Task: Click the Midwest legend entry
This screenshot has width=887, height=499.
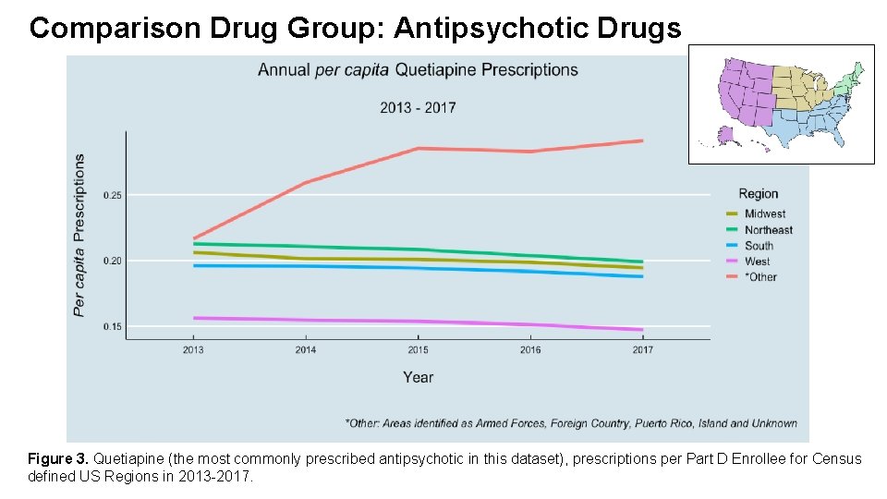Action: [x=764, y=214]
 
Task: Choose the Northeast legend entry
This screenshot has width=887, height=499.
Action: [x=768, y=230]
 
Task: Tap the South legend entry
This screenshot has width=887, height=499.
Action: [x=759, y=246]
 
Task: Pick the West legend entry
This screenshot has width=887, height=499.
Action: [x=757, y=262]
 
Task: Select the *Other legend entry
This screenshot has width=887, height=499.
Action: [x=760, y=277]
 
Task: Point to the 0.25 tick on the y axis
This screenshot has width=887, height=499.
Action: [x=112, y=195]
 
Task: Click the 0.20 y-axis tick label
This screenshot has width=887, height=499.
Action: [x=112, y=261]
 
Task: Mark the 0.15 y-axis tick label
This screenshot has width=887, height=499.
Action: [x=112, y=326]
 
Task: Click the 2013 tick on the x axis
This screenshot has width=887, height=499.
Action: [x=193, y=350]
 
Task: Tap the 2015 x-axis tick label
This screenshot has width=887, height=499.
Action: [x=418, y=350]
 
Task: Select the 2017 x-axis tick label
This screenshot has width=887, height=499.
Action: [x=643, y=350]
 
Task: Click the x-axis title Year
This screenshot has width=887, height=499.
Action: [x=418, y=377]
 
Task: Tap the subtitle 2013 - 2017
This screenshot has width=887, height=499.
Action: [x=418, y=107]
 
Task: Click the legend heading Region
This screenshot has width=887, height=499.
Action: [x=759, y=194]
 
